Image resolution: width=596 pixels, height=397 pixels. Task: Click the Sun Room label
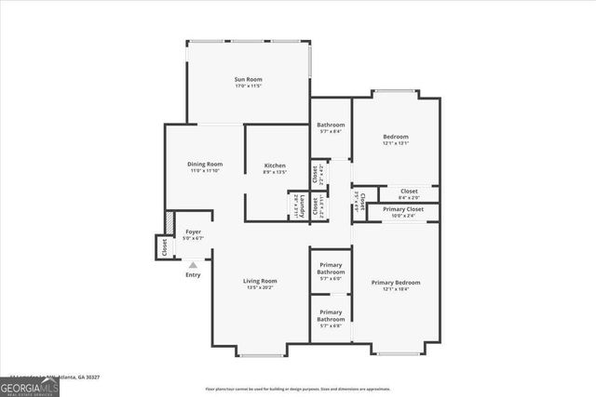click(x=247, y=80)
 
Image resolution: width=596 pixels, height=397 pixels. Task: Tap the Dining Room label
click(x=206, y=164)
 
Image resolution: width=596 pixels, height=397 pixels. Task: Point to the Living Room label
click(x=261, y=281)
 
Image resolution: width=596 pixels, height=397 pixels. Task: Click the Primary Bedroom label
click(x=396, y=283)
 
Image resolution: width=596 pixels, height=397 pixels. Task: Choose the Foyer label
click(x=193, y=232)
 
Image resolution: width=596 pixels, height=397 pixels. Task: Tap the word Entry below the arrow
click(x=193, y=275)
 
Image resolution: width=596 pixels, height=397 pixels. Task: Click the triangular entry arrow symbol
click(x=193, y=265)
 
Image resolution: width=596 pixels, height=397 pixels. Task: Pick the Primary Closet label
click(x=402, y=209)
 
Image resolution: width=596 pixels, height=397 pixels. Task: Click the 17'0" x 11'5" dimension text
click(x=248, y=86)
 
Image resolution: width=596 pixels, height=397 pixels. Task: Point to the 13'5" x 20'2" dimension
click(x=261, y=287)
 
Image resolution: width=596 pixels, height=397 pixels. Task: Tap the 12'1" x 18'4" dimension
click(x=396, y=289)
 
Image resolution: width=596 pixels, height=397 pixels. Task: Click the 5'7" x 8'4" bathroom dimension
click(x=331, y=132)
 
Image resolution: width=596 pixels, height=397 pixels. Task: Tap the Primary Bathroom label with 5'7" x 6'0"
click(x=331, y=269)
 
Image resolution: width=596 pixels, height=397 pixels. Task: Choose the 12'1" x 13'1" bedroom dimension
click(x=396, y=143)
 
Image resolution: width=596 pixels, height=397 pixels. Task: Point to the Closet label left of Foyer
click(x=164, y=248)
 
